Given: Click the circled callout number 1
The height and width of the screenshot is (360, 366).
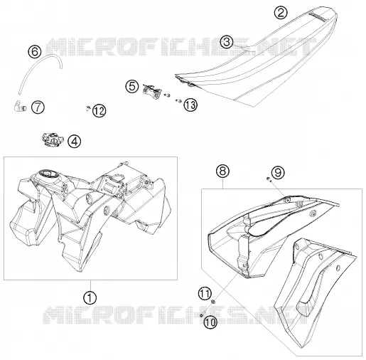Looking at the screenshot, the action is coord(90,297).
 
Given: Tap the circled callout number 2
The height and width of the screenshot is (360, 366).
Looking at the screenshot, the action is coord(281,12).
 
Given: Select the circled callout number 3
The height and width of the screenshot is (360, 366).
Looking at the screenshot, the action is coord(227,42).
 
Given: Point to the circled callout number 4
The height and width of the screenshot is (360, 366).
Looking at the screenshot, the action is coord(75,142).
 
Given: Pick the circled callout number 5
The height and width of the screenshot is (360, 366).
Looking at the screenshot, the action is coord(132,86).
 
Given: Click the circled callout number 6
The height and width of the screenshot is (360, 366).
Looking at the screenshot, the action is coord(35,52).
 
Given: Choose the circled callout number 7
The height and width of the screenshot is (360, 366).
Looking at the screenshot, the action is coord(38,107).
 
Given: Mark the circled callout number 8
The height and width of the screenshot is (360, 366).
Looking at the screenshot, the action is coord(222,171).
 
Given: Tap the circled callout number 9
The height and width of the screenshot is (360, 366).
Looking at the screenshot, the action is coord(278,172).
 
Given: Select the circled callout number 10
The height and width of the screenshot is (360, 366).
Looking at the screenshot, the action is coord(210,322).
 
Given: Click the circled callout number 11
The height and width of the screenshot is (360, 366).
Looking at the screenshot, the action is coord(205,293).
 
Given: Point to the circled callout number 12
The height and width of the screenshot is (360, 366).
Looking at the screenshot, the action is coord(99,111).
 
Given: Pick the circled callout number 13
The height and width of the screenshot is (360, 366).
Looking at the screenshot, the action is coord(190,105).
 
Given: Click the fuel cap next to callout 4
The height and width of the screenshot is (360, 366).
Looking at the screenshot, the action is coord(53,139).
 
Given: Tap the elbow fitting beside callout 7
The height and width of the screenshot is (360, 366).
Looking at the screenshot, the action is coord(20,106).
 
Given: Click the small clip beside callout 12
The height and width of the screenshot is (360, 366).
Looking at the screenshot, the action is coord(87,108).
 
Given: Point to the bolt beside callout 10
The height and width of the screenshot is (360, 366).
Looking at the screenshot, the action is coord(202,314).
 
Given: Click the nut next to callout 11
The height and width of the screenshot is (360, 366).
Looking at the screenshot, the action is coord(213,302).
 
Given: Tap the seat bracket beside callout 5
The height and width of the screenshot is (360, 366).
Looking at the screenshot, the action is coord(151,91).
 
